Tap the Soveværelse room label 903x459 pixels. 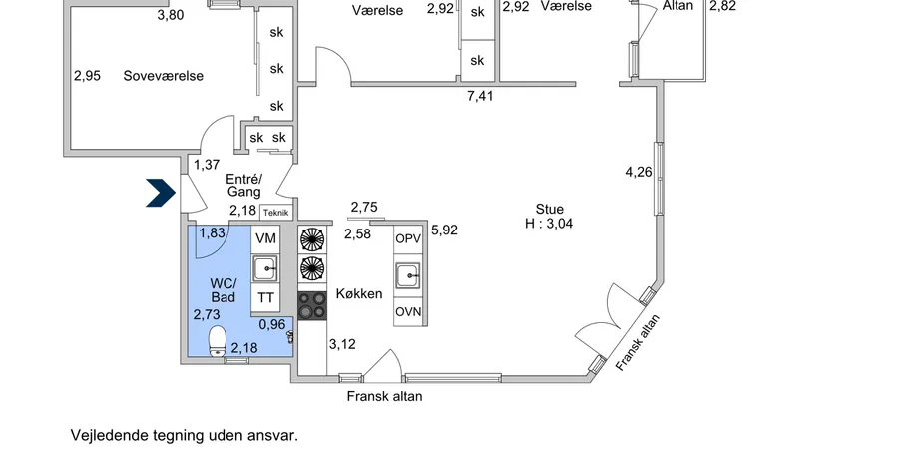click(x=163, y=76)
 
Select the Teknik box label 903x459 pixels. click(x=275, y=212)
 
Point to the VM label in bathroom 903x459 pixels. click(x=265, y=239)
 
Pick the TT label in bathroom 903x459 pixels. click(x=265, y=297)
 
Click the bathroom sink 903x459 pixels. click(x=265, y=268)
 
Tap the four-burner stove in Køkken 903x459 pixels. click(x=312, y=305)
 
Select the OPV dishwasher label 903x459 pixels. click(x=408, y=239)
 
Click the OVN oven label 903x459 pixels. click(x=408, y=313)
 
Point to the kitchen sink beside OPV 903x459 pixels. click(x=408, y=276)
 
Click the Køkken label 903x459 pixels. click(x=359, y=294)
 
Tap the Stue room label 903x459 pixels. click(x=549, y=209)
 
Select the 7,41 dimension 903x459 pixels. click(x=481, y=97)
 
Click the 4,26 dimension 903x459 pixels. click(x=638, y=172)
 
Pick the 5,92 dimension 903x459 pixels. click(x=444, y=230)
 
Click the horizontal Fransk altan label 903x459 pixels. click(x=384, y=396)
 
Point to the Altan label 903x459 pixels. click(x=678, y=6)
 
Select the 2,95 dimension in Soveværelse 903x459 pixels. click(x=88, y=75)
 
